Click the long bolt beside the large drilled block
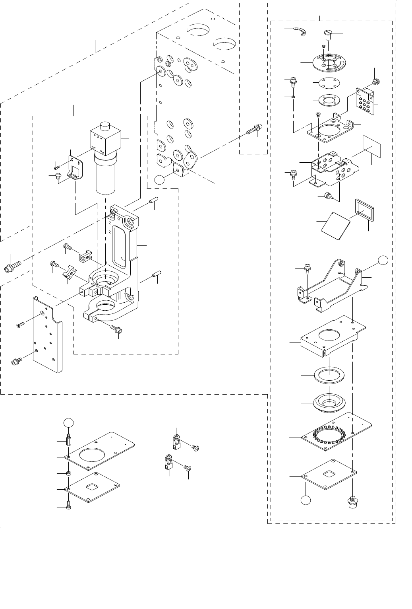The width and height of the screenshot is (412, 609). tap(253, 130)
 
